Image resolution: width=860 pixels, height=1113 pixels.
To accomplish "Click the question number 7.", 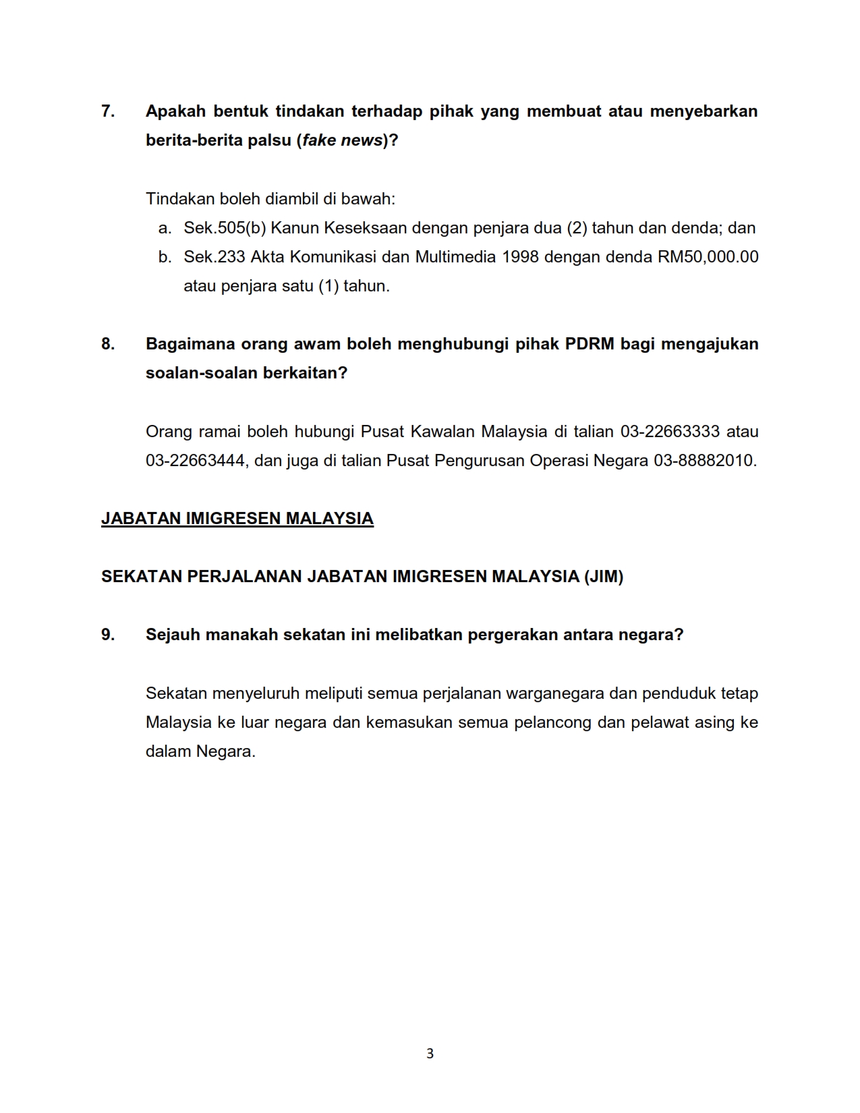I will (x=107, y=111).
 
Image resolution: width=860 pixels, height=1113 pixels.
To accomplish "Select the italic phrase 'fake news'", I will (x=343, y=140).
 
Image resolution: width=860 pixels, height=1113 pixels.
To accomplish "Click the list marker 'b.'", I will (x=165, y=257).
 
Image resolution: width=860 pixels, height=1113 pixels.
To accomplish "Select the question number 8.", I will (x=107, y=344).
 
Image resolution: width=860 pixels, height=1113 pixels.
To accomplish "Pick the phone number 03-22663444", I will (x=196, y=461).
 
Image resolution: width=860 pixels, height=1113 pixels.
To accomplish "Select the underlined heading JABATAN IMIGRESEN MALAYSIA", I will (x=237, y=519).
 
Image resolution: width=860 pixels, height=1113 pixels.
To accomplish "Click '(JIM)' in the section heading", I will (x=604, y=577).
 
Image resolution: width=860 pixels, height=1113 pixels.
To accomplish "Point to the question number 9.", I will (x=107, y=635).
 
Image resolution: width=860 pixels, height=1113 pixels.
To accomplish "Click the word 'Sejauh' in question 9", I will (x=173, y=635).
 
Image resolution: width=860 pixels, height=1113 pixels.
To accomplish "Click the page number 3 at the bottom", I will (x=430, y=1054).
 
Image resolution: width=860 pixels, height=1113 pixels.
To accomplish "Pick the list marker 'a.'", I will (x=165, y=228).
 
